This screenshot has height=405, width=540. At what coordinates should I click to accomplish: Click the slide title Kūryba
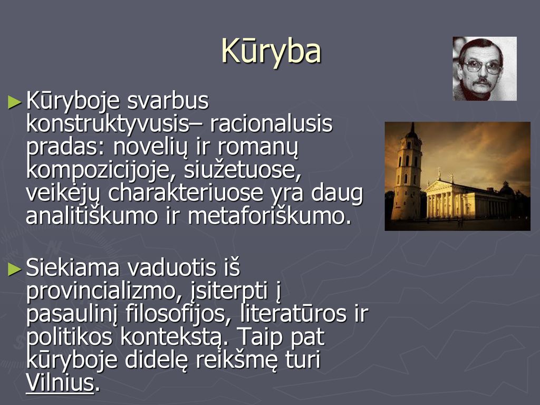pyautogui.click(x=271, y=51)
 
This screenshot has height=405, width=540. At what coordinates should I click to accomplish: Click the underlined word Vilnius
pyautogui.click(x=60, y=382)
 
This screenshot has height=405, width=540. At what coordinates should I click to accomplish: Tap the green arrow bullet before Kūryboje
pyautogui.click(x=15, y=102)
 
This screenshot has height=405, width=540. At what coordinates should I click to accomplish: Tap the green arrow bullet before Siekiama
pyautogui.click(x=15, y=269)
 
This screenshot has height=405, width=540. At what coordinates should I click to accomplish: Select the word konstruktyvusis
pyautogui.click(x=108, y=124)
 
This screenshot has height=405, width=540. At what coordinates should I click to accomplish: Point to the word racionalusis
pyautogui.click(x=271, y=123)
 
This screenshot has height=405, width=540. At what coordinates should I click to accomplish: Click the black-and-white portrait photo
pyautogui.click(x=485, y=69)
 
